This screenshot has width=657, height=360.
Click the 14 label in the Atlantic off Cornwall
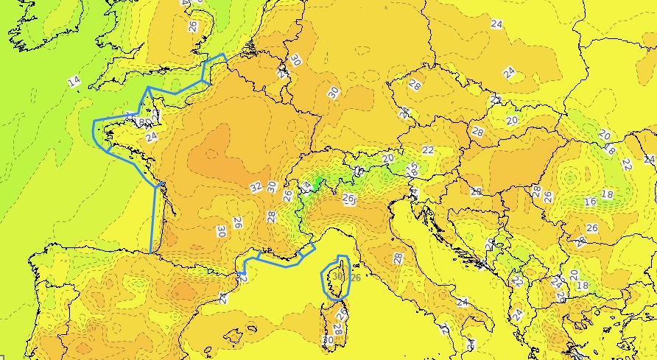[x=74, y=81]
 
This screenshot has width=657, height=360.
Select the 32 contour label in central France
[x=256, y=187]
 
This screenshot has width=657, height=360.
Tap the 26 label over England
[x=193, y=25]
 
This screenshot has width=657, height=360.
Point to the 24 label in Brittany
[x=152, y=137]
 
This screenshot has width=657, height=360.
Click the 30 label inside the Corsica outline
[x=337, y=276]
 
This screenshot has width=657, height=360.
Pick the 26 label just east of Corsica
[x=356, y=278]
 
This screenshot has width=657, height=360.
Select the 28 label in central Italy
[x=398, y=258]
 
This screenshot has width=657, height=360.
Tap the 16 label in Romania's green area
[x=590, y=202]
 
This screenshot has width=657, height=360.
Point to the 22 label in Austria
[x=428, y=150]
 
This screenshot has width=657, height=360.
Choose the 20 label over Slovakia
[x=511, y=120]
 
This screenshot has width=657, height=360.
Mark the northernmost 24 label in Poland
[x=496, y=24]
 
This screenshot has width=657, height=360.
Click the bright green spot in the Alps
[x=318, y=180]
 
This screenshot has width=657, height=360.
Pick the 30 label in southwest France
[x=221, y=230]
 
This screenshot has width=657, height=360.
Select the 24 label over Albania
[x=518, y=314]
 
